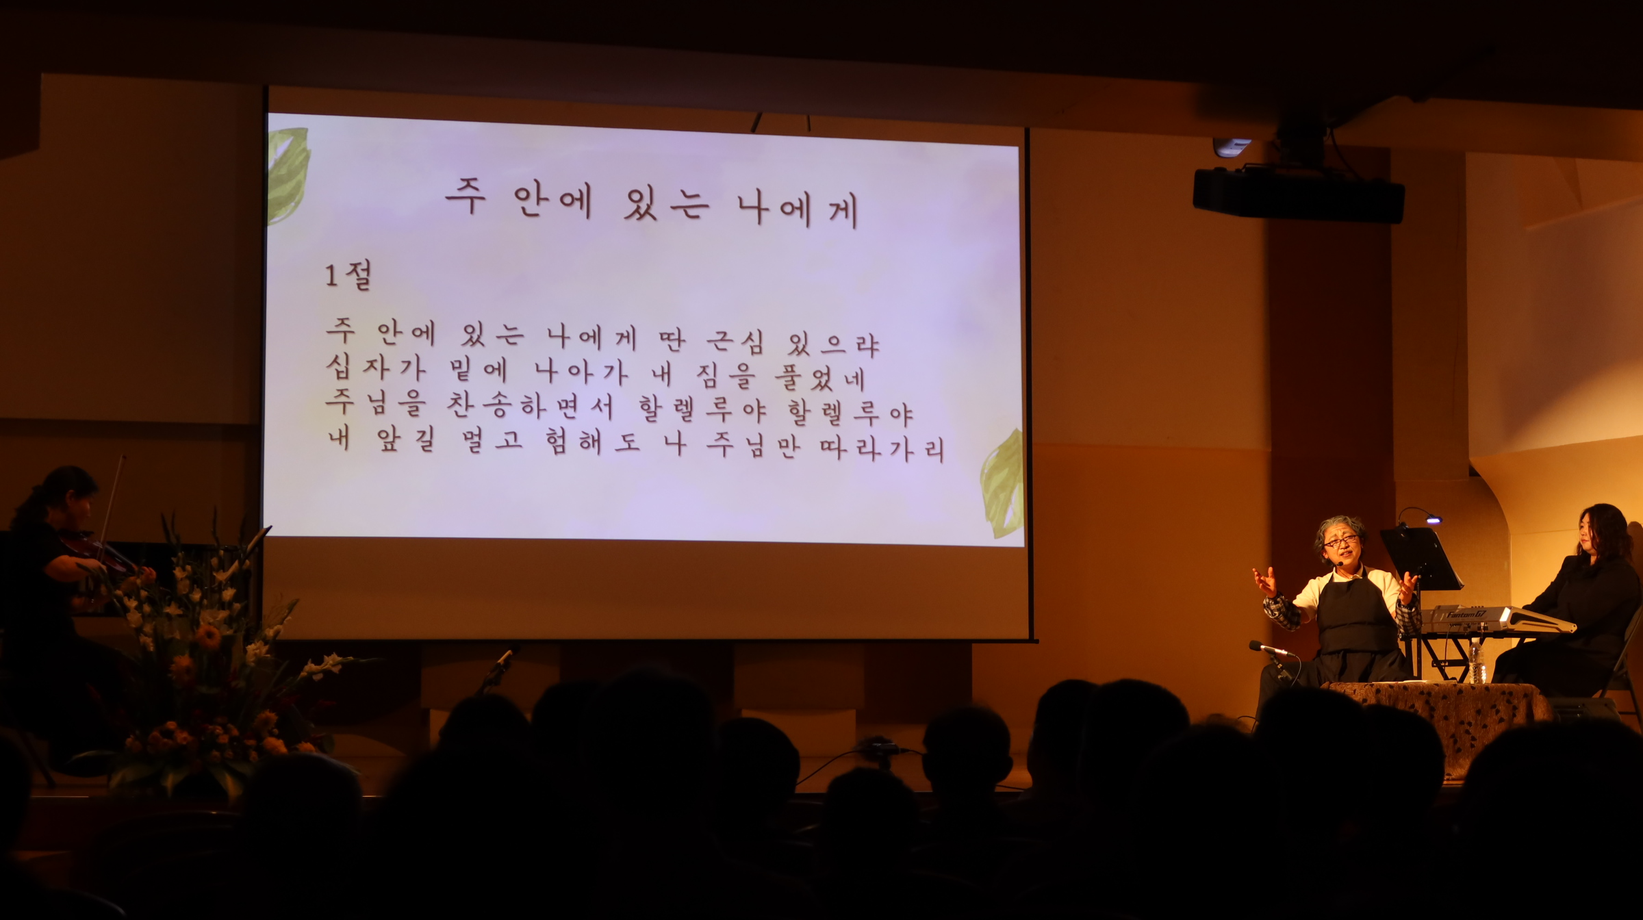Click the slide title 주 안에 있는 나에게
652,201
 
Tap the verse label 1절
348,275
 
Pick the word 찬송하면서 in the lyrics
531,405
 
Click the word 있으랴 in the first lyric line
833,344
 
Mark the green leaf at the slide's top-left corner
288,175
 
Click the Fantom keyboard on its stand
1499,619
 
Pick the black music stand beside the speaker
1420,559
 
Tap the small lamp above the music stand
1433,521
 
